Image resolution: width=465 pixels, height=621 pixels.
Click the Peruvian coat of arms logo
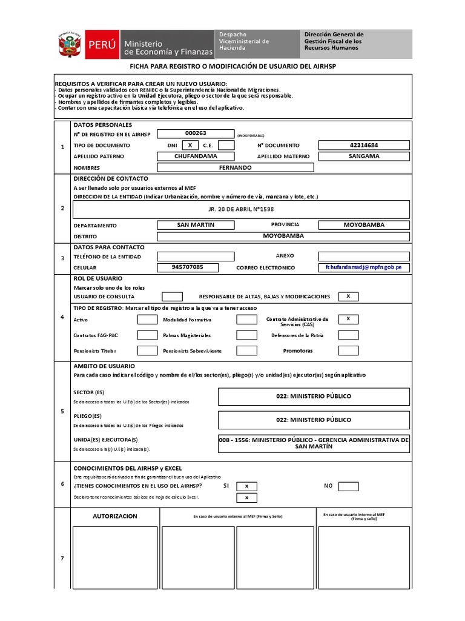(x=69, y=43)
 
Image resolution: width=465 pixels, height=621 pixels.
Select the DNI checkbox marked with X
(x=190, y=145)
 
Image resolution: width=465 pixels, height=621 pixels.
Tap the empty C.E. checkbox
(x=226, y=145)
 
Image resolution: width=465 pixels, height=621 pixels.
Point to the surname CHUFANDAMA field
(x=196, y=156)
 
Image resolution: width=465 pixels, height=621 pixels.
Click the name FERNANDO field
(x=235, y=167)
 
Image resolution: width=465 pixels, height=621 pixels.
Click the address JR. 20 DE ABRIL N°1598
(x=241, y=209)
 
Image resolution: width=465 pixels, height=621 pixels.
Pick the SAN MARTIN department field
(x=196, y=225)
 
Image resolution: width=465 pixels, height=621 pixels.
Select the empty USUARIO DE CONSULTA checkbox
(x=172, y=297)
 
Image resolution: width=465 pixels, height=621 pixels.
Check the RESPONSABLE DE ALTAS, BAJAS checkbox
(x=348, y=297)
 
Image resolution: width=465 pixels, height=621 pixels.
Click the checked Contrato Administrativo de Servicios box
(x=348, y=319)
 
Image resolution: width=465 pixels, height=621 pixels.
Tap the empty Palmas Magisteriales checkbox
(x=246, y=335)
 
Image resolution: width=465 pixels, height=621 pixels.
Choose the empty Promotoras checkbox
(x=348, y=351)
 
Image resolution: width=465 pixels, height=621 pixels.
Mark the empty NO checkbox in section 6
(x=348, y=486)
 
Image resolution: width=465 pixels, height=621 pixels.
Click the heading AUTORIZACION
(x=115, y=516)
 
